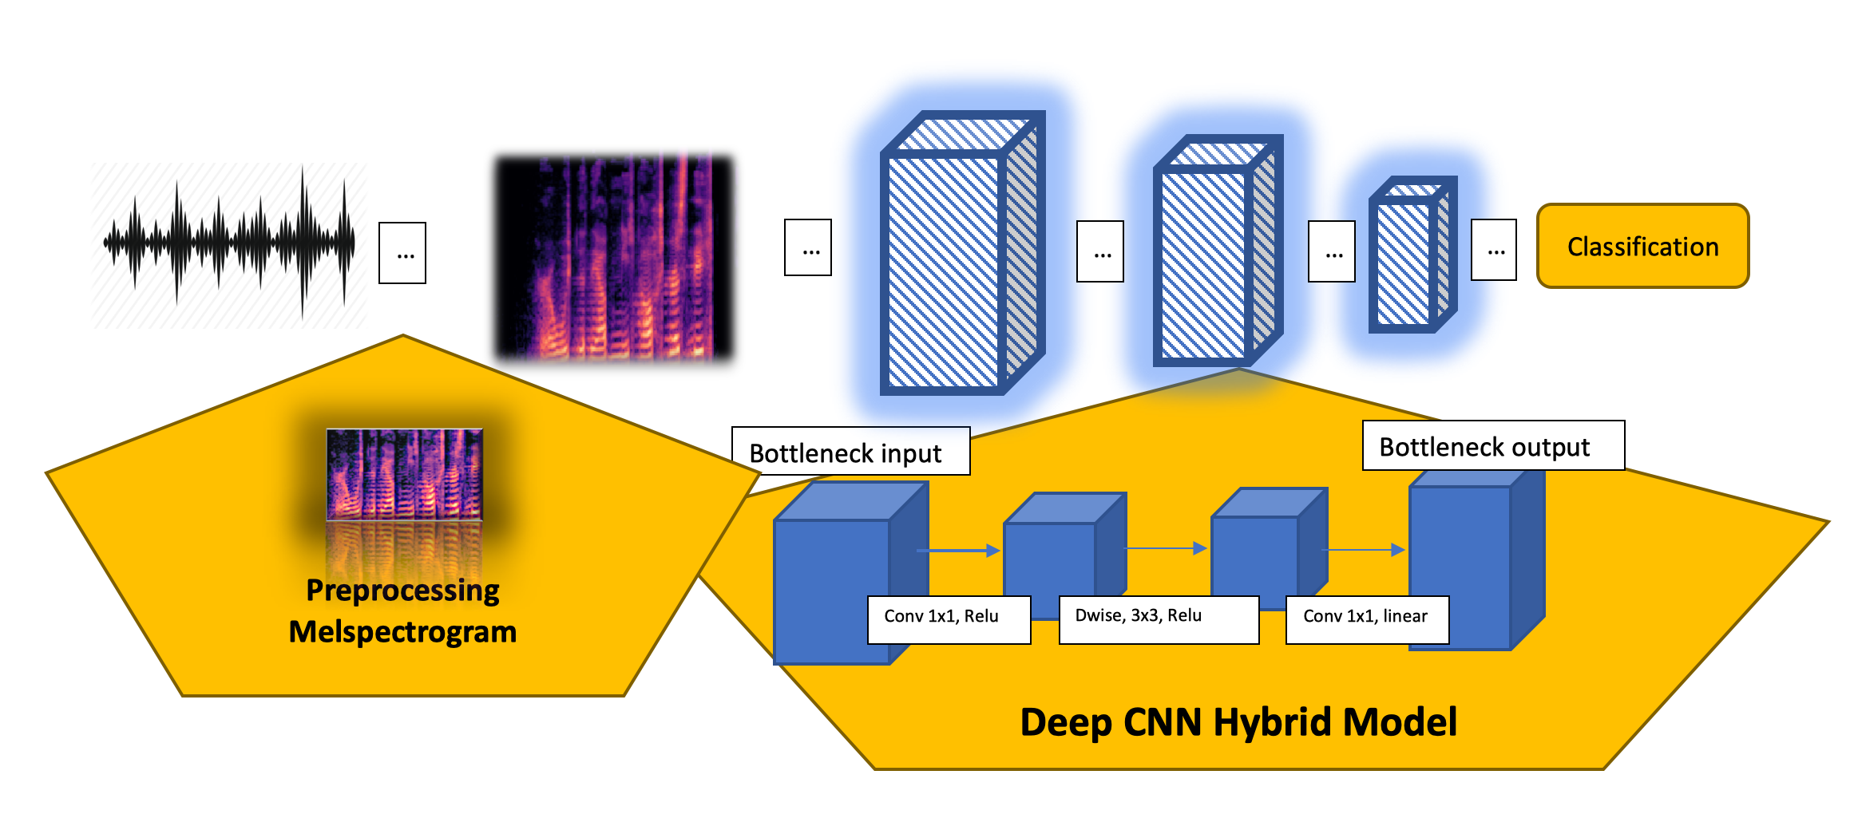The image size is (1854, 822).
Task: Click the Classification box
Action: pyautogui.click(x=1642, y=246)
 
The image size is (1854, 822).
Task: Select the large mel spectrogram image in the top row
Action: pyautogui.click(x=613, y=257)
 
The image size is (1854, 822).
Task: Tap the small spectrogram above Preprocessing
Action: pyautogui.click(x=404, y=474)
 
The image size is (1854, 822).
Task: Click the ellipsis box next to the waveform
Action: pyautogui.click(x=402, y=253)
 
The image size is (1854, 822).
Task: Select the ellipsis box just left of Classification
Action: pyautogui.click(x=1494, y=250)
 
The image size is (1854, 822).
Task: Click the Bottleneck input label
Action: pyautogui.click(x=850, y=452)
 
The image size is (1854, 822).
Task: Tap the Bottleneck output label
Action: pyautogui.click(x=1492, y=445)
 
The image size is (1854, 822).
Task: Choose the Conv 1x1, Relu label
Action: pyautogui.click(x=949, y=618)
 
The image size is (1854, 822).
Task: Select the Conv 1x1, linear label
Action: pyautogui.click(x=1366, y=618)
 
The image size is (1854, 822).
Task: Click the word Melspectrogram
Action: pyautogui.click(x=402, y=632)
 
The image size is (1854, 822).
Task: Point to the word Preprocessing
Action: pyautogui.click(x=402, y=591)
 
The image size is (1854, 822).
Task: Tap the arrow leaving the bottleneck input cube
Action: pyautogui.click(x=958, y=550)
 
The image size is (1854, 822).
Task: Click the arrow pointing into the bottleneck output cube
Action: pyautogui.click(x=1365, y=549)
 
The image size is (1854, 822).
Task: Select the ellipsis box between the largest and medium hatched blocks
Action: pyautogui.click(x=1100, y=252)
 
